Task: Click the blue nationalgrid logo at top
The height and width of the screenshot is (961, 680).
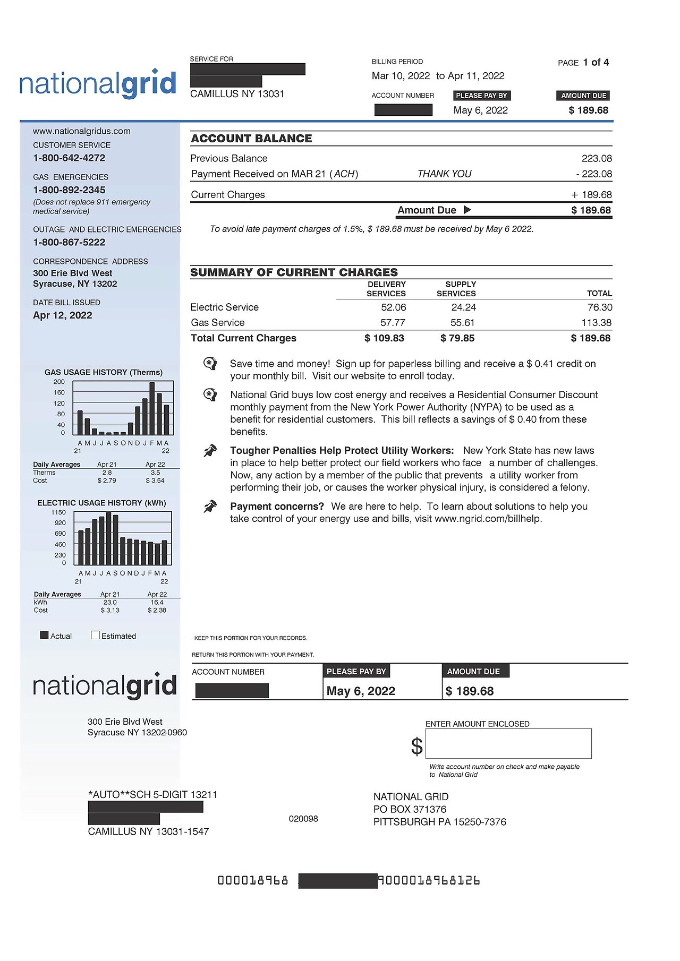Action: (98, 84)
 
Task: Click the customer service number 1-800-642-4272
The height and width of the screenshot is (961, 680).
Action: (69, 158)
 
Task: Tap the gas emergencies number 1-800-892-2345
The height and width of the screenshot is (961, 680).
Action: (69, 190)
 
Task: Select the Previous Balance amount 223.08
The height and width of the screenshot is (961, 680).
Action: (597, 159)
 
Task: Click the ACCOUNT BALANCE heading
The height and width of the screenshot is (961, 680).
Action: (251, 139)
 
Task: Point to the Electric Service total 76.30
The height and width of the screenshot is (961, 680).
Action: (600, 307)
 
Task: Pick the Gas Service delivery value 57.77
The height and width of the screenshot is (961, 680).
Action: (393, 323)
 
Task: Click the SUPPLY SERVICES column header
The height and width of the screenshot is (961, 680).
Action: (456, 289)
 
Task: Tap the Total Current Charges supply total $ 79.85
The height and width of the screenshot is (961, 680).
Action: (457, 338)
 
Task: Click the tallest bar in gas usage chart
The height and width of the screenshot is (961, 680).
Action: (152, 408)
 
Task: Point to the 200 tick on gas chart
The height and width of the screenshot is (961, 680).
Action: (59, 382)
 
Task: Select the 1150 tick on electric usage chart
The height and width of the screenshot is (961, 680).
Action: (58, 512)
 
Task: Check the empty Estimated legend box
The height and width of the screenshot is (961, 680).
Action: (96, 635)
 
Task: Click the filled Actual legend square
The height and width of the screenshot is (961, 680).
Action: (45, 635)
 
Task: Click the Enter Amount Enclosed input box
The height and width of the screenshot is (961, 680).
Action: (508, 743)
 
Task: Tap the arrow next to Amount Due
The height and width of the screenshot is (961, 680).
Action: (467, 210)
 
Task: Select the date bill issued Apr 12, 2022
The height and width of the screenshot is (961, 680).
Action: (63, 315)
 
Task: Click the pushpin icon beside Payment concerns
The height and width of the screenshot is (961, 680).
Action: (210, 507)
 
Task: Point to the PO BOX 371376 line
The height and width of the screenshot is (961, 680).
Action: (410, 810)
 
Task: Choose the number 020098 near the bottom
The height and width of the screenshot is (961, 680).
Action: (303, 819)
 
